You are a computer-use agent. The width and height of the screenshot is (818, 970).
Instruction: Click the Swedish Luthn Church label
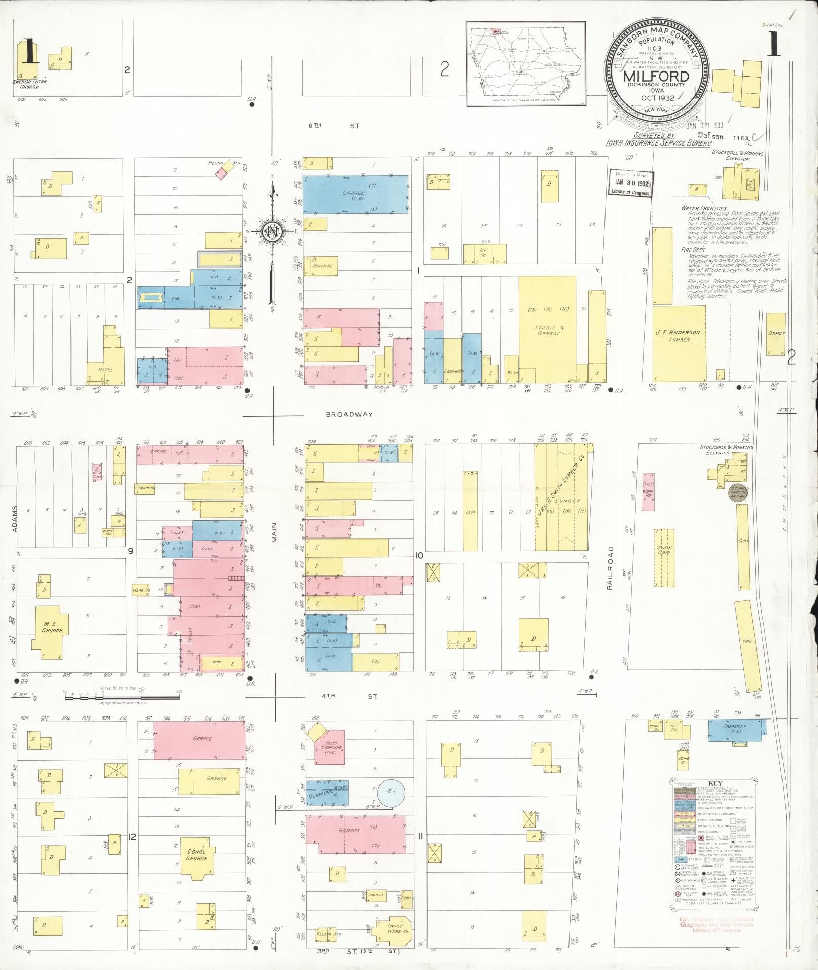(26, 84)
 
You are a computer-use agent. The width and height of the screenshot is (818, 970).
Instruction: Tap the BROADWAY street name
(349, 414)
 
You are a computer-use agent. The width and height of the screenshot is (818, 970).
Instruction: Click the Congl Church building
(196, 855)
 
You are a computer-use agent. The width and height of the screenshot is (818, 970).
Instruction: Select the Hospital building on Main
(323, 266)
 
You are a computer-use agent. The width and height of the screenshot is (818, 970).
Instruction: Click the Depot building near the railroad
(775, 334)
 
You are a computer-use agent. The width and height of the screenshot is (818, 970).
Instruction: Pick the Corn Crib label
(664, 550)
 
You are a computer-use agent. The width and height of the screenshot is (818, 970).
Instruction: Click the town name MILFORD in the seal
(656, 77)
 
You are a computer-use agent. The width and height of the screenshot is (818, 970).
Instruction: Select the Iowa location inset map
(526, 64)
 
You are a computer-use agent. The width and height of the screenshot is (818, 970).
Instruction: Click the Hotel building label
(106, 369)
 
